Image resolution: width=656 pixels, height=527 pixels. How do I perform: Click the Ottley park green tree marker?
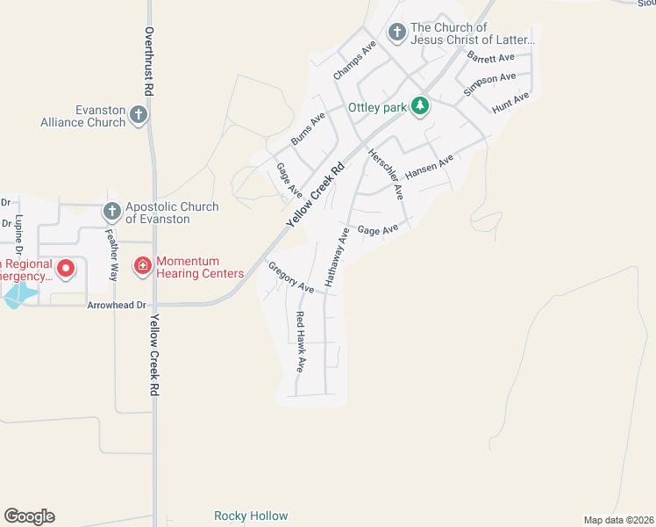pyautogui.click(x=421, y=106)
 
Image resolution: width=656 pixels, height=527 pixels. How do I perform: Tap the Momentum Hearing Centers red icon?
pyautogui.click(x=142, y=265)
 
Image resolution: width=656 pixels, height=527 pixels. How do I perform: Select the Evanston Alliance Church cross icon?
pyautogui.click(x=139, y=114)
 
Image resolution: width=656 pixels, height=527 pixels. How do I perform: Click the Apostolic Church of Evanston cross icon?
pyautogui.click(x=111, y=211)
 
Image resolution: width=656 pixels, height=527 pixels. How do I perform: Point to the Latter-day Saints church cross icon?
pyautogui.click(x=396, y=32)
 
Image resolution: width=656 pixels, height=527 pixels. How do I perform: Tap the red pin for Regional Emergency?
pyautogui.click(x=64, y=266)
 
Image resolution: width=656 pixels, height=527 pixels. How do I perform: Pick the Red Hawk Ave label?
pyautogui.click(x=300, y=343)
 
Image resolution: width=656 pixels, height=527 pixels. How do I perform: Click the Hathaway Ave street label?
pyautogui.click(x=338, y=257)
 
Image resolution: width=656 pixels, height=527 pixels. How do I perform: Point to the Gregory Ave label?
pyautogui.click(x=291, y=278)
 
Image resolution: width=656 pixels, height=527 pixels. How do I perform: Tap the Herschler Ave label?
pyautogui.click(x=386, y=171)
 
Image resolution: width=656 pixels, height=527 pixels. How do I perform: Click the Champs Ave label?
pyautogui.click(x=354, y=61)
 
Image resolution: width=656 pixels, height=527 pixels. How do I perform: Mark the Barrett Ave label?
pyautogui.click(x=490, y=58)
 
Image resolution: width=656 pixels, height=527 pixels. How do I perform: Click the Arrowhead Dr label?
pyautogui.click(x=115, y=306)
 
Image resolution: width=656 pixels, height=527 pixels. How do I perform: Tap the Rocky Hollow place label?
pyautogui.click(x=251, y=516)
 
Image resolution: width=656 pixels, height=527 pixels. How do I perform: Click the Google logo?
pyautogui.click(x=29, y=516)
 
